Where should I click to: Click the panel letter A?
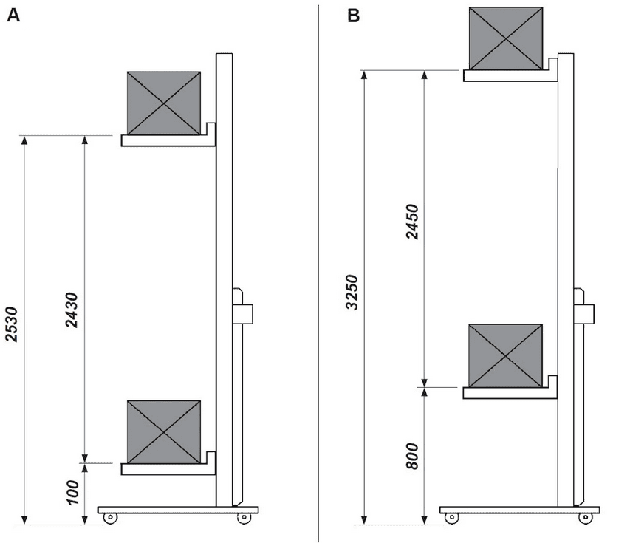tap(13, 16)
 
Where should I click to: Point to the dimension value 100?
tap(72, 493)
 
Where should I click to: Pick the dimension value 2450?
tap(412, 221)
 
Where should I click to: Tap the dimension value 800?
tap(412, 457)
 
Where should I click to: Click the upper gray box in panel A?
tap(163, 103)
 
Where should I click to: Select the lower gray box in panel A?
tap(163, 432)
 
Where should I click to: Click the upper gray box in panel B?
tap(506, 38)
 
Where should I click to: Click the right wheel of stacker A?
tap(242, 518)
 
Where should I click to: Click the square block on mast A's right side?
tap(243, 313)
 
